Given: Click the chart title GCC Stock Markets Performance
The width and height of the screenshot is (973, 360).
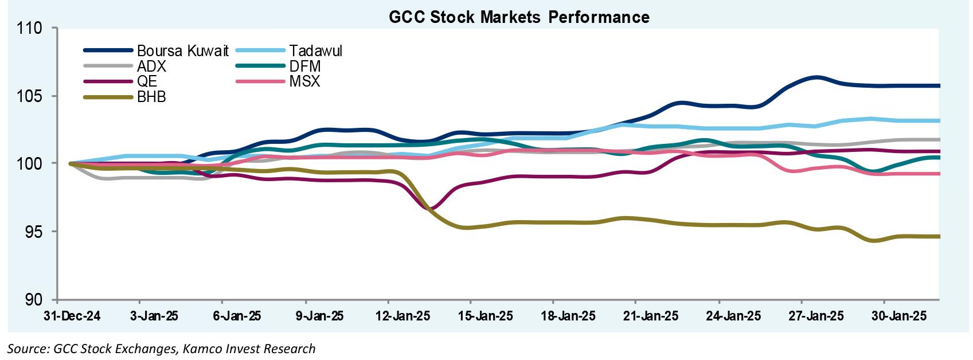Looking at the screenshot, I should click(519, 17).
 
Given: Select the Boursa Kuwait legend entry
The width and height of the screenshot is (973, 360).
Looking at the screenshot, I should click(182, 51).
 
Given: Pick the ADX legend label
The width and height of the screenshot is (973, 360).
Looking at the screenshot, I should click(152, 66).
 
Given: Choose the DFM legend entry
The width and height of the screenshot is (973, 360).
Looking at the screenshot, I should click(306, 66).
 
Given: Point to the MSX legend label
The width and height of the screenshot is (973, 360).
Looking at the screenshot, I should click(304, 81).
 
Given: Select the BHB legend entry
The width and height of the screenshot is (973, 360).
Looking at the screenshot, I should click(151, 97).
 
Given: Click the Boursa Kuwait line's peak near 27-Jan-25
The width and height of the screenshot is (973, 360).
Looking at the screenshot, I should click(815, 77).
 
